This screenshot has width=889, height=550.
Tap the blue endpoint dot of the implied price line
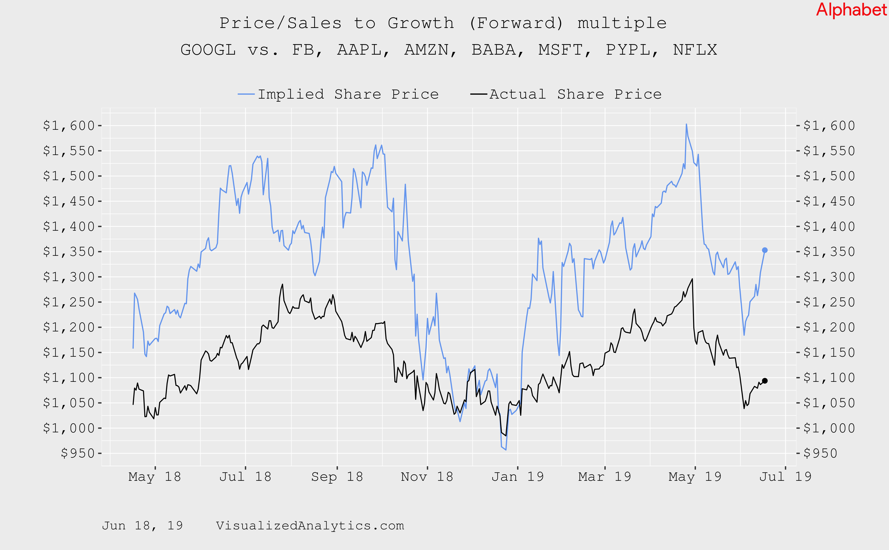(764, 250)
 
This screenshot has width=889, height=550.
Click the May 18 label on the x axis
(154, 476)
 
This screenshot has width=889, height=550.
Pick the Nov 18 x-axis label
(427, 476)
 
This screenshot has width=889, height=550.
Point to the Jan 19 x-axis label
(517, 476)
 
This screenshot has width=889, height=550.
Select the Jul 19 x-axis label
(785, 476)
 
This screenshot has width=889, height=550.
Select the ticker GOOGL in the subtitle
(208, 50)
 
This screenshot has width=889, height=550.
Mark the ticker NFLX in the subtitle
(695, 50)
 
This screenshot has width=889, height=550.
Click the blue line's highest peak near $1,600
(686, 124)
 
